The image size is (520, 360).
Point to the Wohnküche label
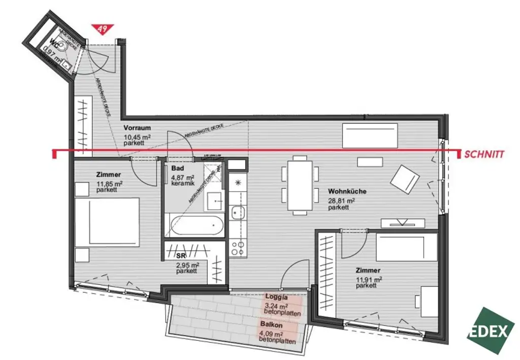coord(347,192)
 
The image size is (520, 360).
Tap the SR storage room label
coord(181,256)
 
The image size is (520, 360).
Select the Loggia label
coord(277,298)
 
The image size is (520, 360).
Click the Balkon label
coord(272,324)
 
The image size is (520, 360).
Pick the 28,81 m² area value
coord(341,201)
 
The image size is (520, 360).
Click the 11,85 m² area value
coord(109,183)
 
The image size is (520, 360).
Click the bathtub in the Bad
coord(195,225)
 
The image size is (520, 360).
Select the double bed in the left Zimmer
coord(108,221)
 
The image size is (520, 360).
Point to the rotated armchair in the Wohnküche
coord(405,179)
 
